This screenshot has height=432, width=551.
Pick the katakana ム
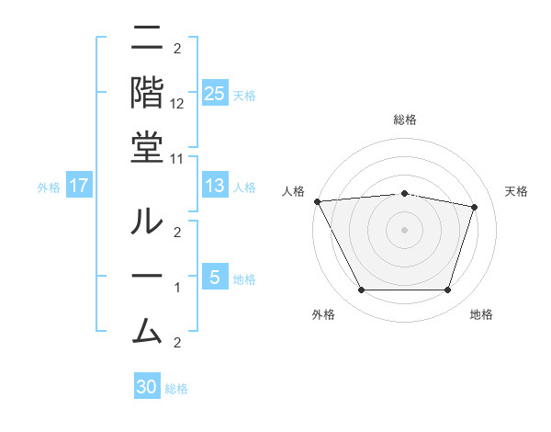pyautogui.click(x=147, y=326)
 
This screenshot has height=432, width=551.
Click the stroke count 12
pyautogui.click(x=177, y=104)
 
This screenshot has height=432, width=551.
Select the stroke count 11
pyautogui.click(x=177, y=158)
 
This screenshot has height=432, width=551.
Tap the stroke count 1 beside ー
pyautogui.click(x=177, y=289)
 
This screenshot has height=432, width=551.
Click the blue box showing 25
pyautogui.click(x=214, y=94)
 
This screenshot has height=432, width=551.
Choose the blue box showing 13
pyautogui.click(x=214, y=187)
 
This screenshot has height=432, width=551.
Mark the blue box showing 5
pyautogui.click(x=214, y=278)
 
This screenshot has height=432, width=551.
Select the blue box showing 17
pyautogui.click(x=79, y=187)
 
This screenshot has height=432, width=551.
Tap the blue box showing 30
pyautogui.click(x=147, y=387)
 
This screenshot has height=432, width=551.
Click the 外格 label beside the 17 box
pyautogui.click(x=49, y=188)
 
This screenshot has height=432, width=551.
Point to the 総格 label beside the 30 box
pyautogui.click(x=176, y=389)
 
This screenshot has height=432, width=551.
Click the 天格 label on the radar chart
pyautogui.click(x=517, y=191)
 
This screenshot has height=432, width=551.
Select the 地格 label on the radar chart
pyautogui.click(x=481, y=315)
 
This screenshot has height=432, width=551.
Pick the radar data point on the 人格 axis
pyautogui.click(x=317, y=201)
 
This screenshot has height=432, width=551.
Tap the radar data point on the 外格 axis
pyautogui.click(x=361, y=290)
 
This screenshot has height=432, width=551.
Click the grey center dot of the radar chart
pyautogui.click(x=404, y=229)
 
